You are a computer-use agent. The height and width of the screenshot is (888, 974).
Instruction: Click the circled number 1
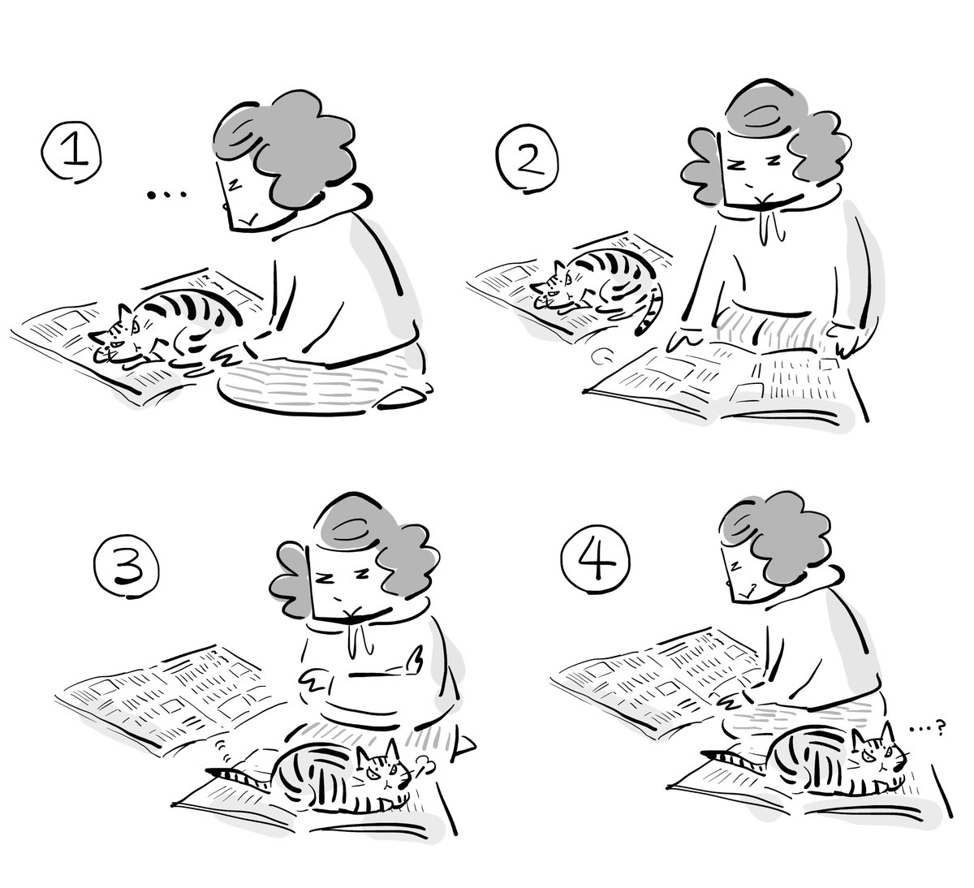pyautogui.click(x=72, y=151)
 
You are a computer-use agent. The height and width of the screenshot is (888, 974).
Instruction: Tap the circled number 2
pyautogui.click(x=528, y=158)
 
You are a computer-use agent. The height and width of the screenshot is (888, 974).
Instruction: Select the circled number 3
pyautogui.click(x=127, y=567)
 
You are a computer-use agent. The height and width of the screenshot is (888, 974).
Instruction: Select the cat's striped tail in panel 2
pyautogui.click(x=651, y=312)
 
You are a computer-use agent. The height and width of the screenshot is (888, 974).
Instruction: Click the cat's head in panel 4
pyautogui.click(x=879, y=758)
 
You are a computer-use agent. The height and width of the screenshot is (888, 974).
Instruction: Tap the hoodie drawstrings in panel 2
pyautogui.click(x=772, y=223)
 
